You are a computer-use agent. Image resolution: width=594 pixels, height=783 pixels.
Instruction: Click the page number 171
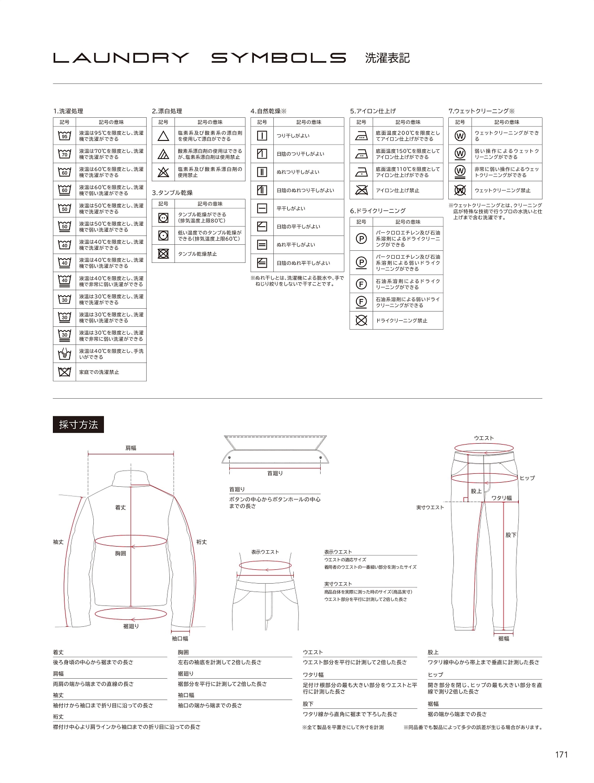(561, 754)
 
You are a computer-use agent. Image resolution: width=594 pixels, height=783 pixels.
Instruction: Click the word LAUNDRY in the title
(121, 58)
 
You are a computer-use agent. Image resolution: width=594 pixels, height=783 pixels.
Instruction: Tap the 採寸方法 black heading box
(78, 425)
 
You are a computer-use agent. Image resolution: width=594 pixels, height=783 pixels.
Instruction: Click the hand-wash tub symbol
(65, 354)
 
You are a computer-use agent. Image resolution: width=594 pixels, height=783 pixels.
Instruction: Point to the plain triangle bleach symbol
(163, 136)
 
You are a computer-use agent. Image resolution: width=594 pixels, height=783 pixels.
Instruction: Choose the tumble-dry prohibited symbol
(163, 254)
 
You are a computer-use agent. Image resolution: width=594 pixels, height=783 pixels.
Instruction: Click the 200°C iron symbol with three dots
(361, 136)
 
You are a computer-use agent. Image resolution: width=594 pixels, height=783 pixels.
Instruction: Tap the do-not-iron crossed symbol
(361, 190)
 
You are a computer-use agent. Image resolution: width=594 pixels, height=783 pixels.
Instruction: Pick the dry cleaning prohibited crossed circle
(361, 320)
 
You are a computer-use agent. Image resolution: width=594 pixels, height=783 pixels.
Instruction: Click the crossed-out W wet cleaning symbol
(460, 190)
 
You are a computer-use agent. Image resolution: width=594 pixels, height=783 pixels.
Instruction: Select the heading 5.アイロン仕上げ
(373, 111)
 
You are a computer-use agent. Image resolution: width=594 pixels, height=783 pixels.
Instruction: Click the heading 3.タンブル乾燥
(172, 193)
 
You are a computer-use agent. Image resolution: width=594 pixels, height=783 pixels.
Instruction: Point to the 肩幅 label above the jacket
(131, 448)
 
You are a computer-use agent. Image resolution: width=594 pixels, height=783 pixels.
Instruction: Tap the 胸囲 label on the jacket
(121, 554)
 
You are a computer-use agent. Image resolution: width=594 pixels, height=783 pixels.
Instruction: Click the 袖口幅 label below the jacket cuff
(180, 639)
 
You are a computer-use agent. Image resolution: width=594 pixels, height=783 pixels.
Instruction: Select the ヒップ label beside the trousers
(527, 478)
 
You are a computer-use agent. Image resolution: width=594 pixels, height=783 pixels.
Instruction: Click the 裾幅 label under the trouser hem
(504, 639)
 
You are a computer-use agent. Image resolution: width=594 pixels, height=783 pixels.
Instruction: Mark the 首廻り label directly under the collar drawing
(275, 473)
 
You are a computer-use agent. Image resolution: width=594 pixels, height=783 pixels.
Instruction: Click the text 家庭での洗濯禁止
(99, 372)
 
